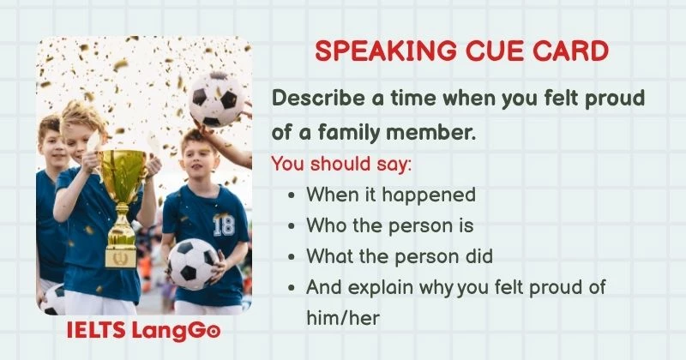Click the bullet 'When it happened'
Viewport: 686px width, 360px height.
click(390, 195)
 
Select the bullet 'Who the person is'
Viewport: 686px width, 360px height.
click(389, 225)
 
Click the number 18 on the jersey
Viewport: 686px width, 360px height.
click(223, 225)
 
